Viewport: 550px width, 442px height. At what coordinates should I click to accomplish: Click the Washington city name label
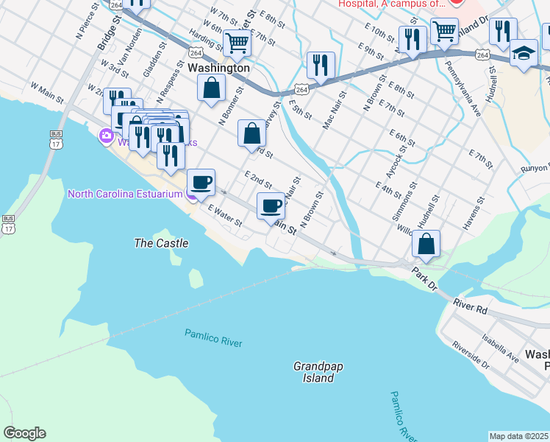[x=219, y=67]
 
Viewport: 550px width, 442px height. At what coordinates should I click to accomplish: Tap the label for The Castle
[x=161, y=243]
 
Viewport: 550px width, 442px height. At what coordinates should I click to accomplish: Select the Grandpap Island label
[x=318, y=372]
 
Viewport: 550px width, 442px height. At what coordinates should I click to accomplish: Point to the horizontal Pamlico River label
[x=213, y=339]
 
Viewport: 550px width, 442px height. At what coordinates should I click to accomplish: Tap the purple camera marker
[x=106, y=136]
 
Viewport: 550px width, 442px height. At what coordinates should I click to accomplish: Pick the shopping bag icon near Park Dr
[x=426, y=243]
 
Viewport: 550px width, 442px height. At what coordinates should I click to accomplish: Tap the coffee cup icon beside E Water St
[x=200, y=182]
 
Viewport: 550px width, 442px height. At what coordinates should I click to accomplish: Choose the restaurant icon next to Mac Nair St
[x=321, y=65]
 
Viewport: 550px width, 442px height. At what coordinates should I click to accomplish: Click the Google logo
[x=24, y=433]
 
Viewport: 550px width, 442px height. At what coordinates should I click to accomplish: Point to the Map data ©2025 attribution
[x=519, y=436]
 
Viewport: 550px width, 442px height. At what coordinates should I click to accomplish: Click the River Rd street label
[x=471, y=306]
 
